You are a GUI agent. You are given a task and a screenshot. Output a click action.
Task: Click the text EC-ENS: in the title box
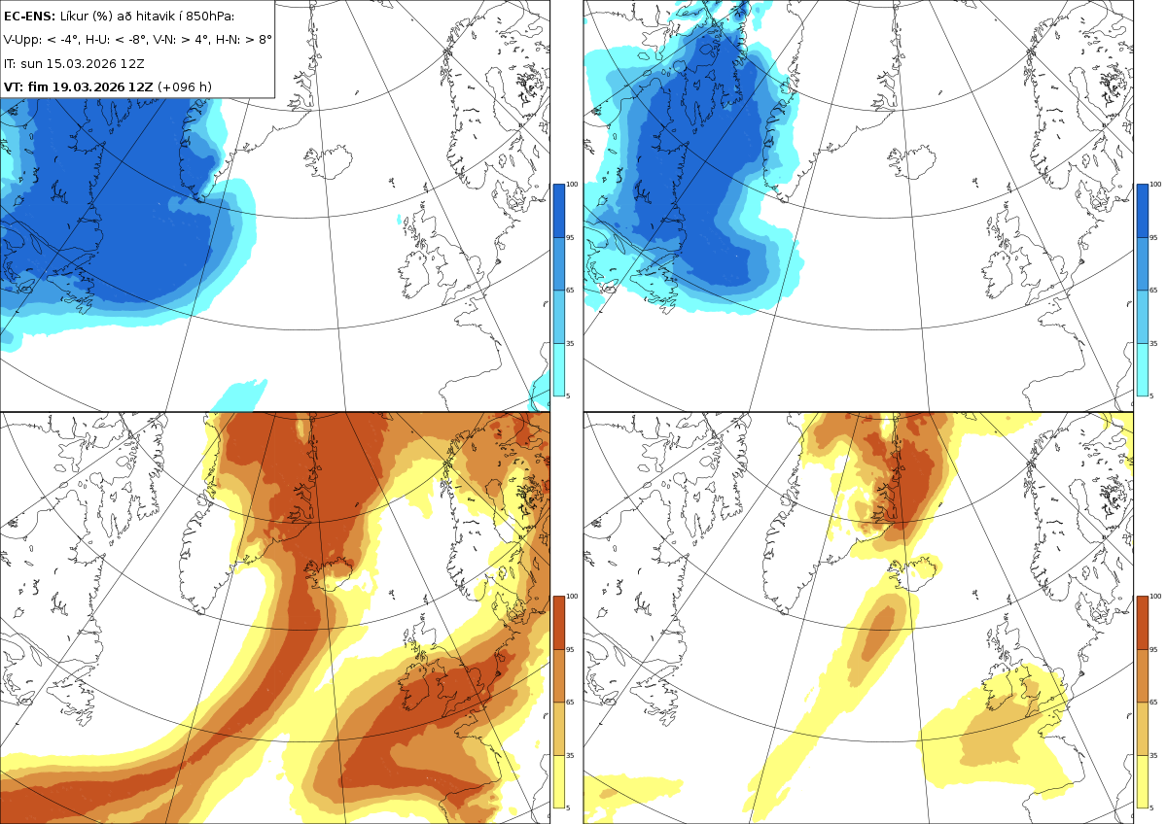[29, 17]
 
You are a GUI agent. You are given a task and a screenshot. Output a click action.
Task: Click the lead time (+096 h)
[185, 86]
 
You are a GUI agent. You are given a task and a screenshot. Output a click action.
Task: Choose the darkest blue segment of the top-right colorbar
[1142, 211]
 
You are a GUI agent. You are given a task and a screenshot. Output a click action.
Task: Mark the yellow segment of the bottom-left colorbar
[558, 781]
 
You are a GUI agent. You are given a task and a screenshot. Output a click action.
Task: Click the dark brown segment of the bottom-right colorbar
[1142, 623]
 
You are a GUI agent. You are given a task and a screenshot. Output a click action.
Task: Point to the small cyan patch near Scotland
[400, 220]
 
